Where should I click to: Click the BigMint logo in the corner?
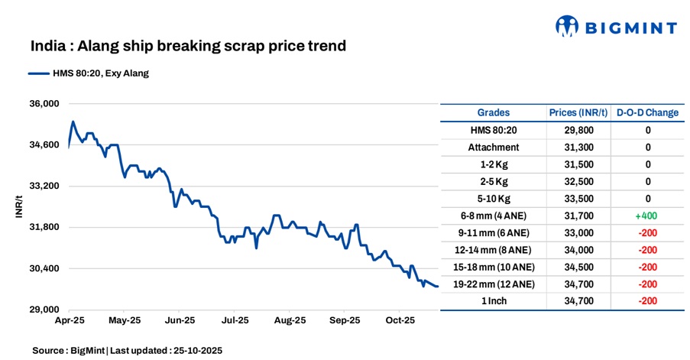tap(615, 28)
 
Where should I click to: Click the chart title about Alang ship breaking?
tap(188, 46)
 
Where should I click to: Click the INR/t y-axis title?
tap(19, 206)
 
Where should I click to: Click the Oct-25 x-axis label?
tap(399, 320)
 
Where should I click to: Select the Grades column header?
tap(494, 112)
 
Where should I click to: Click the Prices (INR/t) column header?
tap(578, 112)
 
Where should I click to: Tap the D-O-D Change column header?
tap(647, 112)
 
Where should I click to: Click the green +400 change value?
tap(647, 216)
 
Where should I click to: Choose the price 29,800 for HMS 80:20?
tap(578, 130)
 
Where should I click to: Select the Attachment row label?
tap(494, 147)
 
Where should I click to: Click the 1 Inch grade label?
tap(494, 301)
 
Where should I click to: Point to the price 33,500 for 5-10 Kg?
tap(578, 199)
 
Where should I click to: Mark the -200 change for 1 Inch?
tap(647, 301)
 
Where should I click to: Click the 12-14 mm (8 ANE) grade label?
tap(494, 250)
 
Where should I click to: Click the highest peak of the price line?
tap(73, 122)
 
